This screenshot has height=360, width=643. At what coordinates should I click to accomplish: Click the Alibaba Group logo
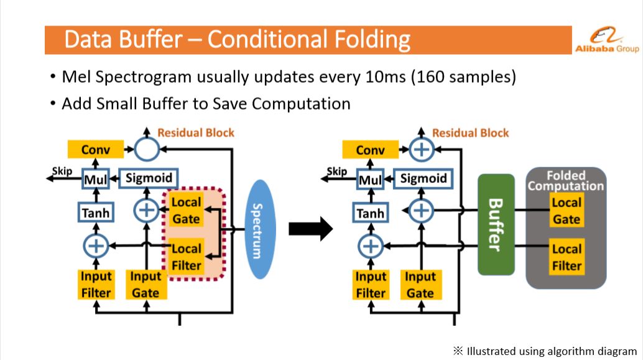[606, 39]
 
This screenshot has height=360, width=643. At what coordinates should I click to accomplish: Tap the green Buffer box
[496, 224]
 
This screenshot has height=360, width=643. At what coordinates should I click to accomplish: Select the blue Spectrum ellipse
[260, 229]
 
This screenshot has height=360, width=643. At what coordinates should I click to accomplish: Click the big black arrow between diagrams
[310, 229]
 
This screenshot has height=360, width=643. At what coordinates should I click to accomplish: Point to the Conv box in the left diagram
[96, 150]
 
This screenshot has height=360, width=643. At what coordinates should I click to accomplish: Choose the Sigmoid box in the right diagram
[423, 179]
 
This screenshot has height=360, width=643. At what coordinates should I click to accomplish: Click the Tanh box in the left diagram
[96, 213]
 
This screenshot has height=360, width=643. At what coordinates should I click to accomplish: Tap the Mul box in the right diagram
[370, 180]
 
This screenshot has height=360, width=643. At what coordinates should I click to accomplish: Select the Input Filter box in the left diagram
[96, 285]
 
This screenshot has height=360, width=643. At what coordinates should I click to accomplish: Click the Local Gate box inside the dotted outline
[186, 210]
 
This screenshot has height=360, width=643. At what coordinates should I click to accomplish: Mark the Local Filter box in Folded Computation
[567, 257]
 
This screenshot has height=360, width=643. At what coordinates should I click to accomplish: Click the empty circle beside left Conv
[146, 149]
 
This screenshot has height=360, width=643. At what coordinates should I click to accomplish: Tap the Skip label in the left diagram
[62, 171]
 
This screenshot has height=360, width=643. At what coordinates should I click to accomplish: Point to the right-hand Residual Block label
[470, 133]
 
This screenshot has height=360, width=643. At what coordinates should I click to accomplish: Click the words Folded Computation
[565, 181]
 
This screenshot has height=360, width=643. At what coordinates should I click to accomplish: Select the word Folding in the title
[372, 40]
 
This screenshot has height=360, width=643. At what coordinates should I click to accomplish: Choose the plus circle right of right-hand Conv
[421, 150]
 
